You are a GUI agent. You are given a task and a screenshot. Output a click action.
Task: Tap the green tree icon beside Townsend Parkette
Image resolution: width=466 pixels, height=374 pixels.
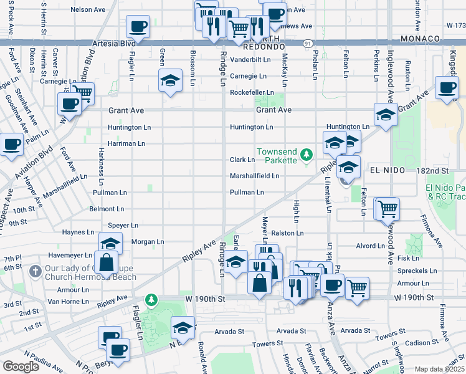306,154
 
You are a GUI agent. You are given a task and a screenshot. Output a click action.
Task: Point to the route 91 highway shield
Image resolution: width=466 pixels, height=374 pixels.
309,44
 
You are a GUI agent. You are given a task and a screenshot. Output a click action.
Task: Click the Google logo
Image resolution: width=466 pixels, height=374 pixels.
21,366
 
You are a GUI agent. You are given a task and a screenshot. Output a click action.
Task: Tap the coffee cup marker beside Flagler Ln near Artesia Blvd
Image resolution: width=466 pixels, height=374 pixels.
138,27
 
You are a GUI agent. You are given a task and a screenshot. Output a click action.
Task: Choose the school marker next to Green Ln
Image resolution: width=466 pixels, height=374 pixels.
169,81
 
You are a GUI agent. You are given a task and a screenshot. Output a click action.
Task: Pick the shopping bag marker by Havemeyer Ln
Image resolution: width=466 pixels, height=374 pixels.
106,261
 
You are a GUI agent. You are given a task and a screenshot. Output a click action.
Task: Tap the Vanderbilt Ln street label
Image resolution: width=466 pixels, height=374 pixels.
250,60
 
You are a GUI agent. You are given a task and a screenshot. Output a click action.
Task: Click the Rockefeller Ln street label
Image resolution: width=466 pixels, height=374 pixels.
252,92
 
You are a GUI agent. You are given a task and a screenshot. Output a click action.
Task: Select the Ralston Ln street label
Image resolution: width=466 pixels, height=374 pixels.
290,233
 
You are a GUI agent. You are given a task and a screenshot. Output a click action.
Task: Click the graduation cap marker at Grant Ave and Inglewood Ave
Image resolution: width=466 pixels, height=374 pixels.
386,115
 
